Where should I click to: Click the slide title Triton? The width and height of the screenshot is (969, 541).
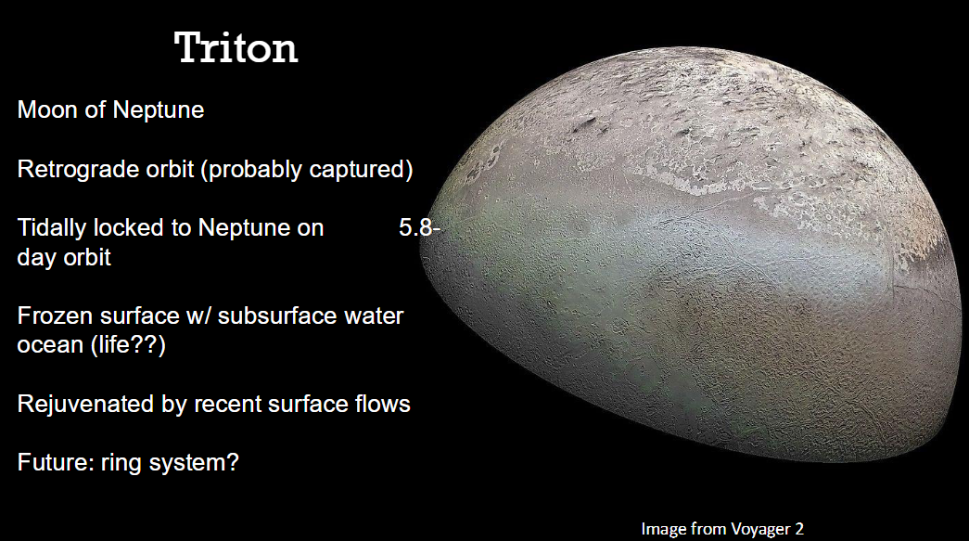coord(236,47)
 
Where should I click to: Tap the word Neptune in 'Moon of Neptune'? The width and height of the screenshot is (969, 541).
coord(159,110)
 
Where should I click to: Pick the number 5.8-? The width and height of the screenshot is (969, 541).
coord(419,228)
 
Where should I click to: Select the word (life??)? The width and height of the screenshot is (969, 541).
coord(128,345)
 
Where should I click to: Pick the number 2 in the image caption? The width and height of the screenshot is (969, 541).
coord(799,529)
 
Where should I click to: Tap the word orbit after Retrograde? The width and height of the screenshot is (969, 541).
coord(170,170)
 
